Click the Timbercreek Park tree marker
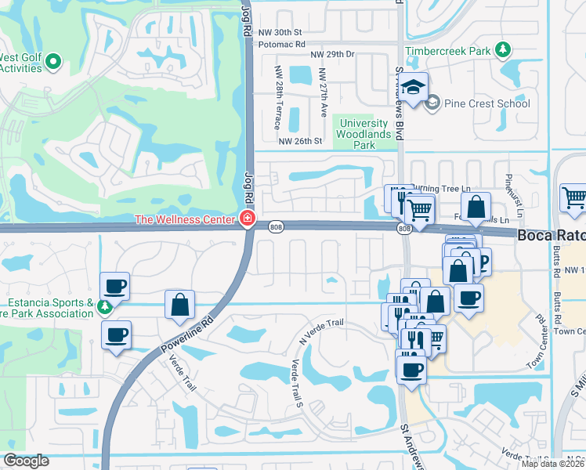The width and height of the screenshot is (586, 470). click(503, 51)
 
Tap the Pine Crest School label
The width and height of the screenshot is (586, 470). click(487, 103)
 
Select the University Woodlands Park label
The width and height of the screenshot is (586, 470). click(362, 134)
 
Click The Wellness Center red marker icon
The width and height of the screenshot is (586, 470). click(248, 219)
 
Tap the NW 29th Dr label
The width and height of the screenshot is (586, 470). click(333, 54)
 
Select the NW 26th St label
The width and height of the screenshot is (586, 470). click(301, 142)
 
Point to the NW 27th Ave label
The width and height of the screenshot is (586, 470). click(322, 92)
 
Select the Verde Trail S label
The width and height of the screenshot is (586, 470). click(297, 383)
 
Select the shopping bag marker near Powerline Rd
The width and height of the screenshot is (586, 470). click(180, 303)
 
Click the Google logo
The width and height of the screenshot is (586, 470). click(27, 461)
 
